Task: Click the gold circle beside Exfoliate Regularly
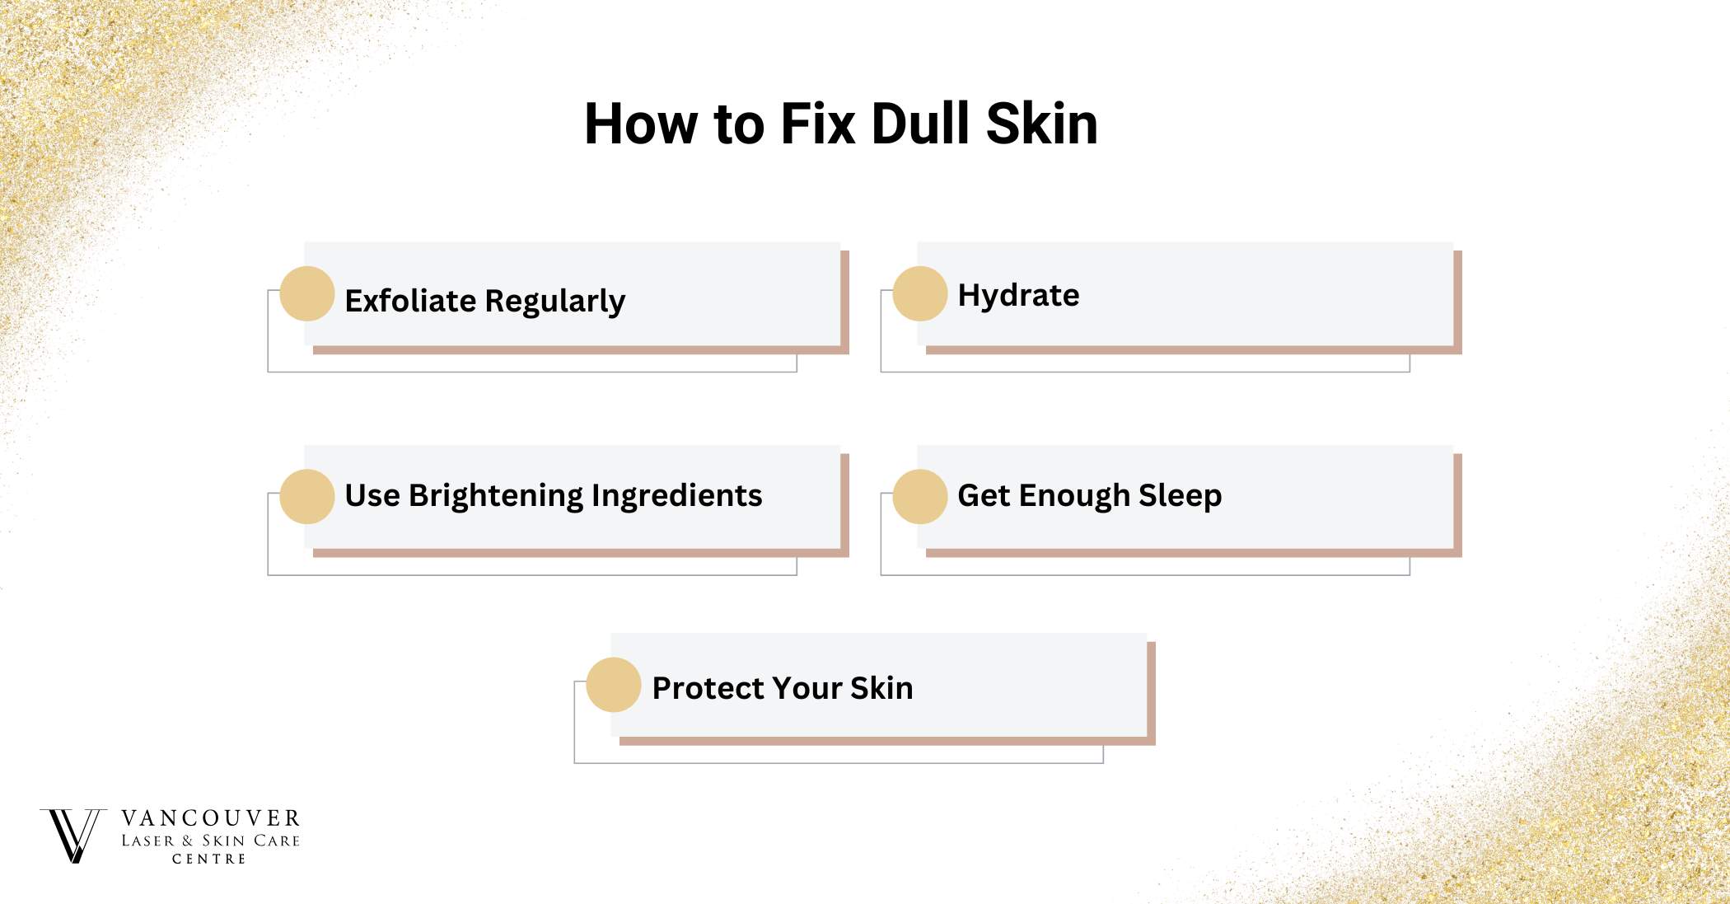coord(307,293)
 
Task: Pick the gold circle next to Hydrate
coord(920,293)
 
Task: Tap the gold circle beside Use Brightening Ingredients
coord(307,497)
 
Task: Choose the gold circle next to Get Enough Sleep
coord(920,497)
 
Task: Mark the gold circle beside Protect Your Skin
coord(614,685)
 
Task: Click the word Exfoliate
coord(410,301)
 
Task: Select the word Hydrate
coord(1018,295)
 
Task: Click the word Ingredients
coord(676,496)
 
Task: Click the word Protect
coord(707,688)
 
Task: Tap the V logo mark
coord(73,835)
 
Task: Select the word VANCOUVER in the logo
coord(211,818)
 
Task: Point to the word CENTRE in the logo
coord(209,859)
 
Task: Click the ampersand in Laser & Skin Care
coord(188,841)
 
